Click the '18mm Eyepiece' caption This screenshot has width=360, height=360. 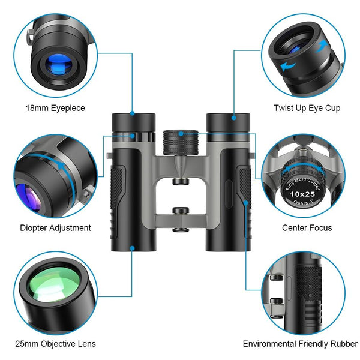click(55, 108)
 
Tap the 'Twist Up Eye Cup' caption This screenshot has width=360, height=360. click(307, 108)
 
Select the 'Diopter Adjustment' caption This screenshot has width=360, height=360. click(55, 228)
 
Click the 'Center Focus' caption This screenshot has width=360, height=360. click(307, 228)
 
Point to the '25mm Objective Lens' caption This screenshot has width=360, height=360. click(55, 344)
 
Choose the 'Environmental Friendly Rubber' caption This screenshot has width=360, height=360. click(300, 344)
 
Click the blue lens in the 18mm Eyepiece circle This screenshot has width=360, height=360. click(57, 64)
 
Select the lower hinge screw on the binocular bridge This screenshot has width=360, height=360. click(179, 211)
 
